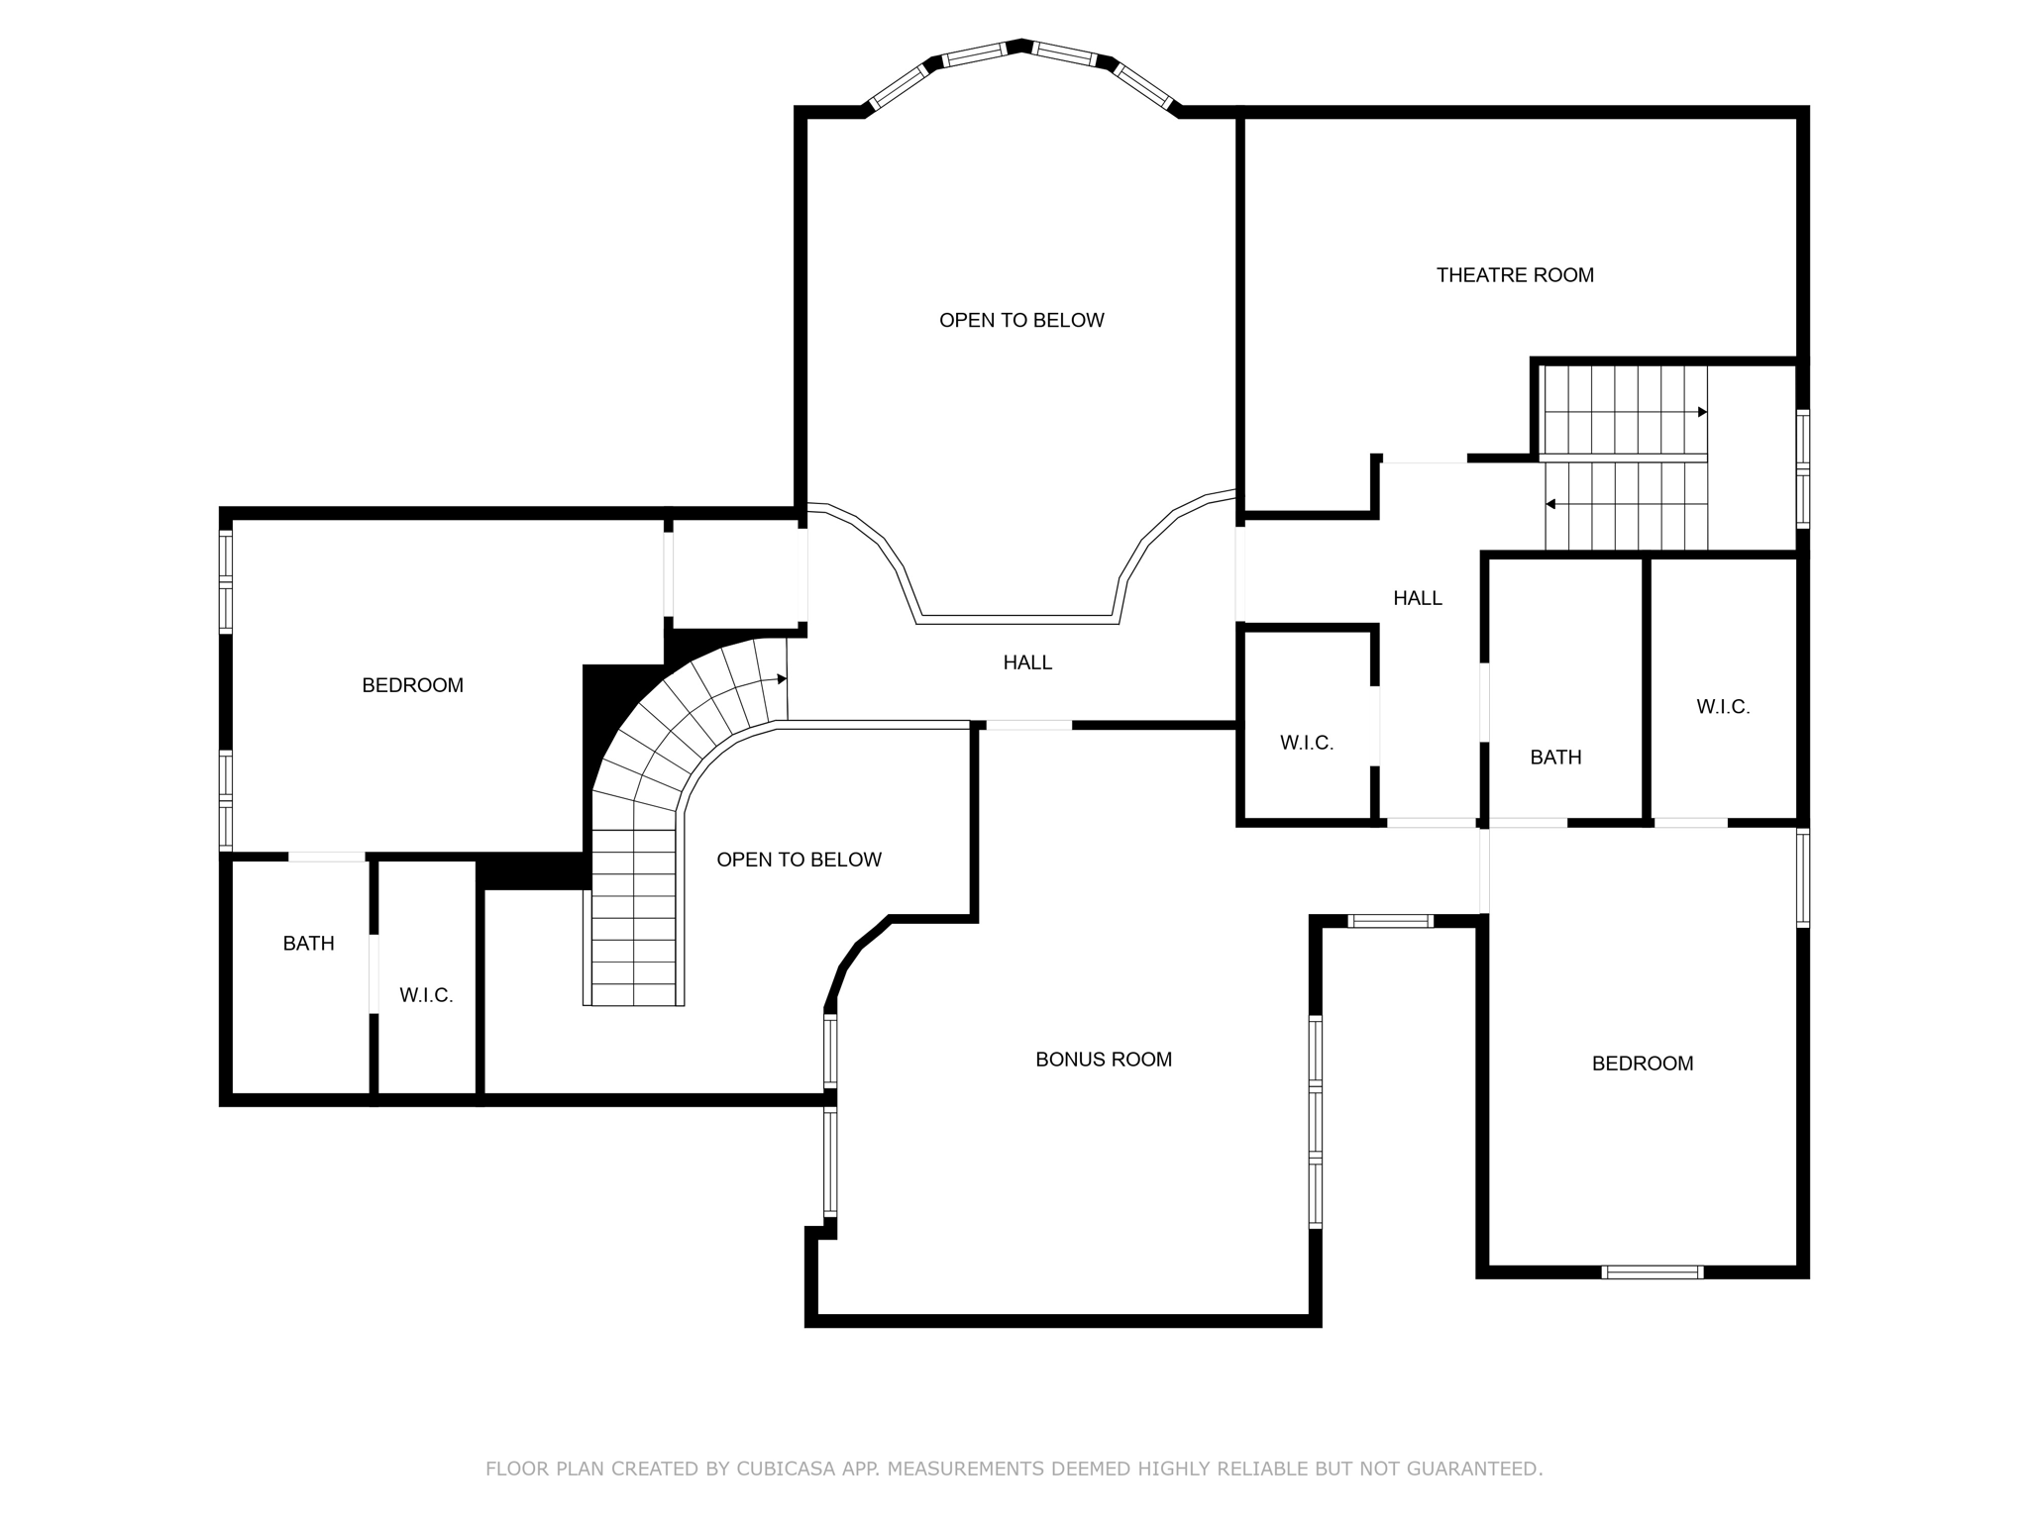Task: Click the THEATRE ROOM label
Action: (1515, 275)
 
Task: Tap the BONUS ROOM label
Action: (1104, 1060)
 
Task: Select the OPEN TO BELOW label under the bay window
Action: (1021, 320)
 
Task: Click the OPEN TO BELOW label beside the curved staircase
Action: (799, 860)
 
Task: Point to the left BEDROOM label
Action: (412, 685)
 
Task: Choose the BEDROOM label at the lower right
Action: (1642, 1064)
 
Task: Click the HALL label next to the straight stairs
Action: (1417, 598)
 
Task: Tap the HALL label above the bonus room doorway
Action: (1027, 662)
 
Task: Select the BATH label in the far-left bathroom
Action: (308, 944)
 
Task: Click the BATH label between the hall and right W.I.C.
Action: (1555, 758)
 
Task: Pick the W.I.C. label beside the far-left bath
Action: (426, 996)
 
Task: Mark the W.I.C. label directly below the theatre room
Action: (1307, 743)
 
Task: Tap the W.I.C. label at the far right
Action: (1723, 707)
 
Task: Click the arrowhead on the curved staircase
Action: (782, 679)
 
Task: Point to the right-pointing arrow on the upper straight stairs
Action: (1701, 412)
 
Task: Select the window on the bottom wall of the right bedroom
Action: (1653, 1272)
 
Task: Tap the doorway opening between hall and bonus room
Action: (1028, 726)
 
